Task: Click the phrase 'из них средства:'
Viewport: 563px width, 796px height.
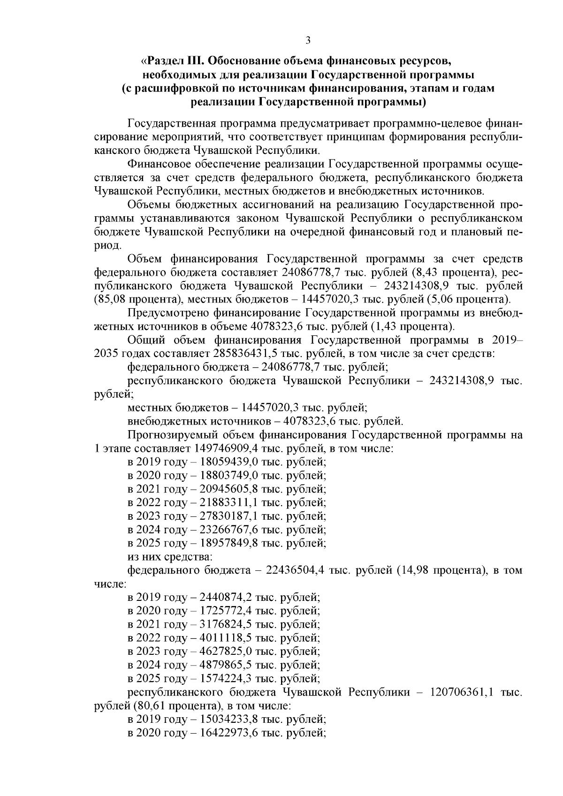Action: coord(169,557)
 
